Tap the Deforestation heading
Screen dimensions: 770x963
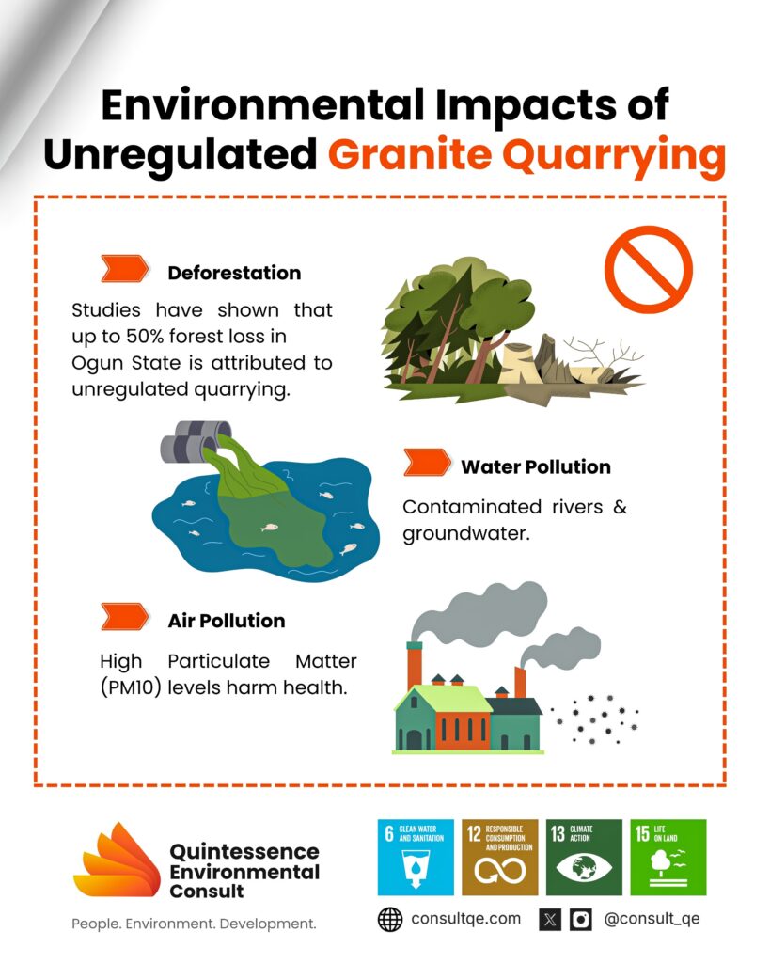tap(234, 273)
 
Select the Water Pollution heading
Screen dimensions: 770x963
tap(536, 466)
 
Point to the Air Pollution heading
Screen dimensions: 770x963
tap(227, 621)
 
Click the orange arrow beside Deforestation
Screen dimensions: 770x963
tap(125, 268)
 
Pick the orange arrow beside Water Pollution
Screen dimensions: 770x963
tap(428, 463)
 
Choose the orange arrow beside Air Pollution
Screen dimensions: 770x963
tap(125, 617)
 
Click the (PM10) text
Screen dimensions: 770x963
tap(131, 687)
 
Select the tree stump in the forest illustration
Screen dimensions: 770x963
tap(521, 364)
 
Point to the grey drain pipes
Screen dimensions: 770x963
tap(196, 441)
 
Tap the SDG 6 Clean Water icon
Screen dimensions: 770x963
tap(416, 857)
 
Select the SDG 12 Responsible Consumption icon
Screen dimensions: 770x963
tap(500, 857)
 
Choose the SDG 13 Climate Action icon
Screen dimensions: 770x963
tap(584, 857)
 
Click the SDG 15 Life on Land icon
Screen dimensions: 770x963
tap(668, 857)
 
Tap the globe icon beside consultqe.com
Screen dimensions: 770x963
tap(390, 920)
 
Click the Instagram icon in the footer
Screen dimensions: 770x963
tap(581, 920)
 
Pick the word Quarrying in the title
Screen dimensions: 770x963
tap(614, 156)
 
